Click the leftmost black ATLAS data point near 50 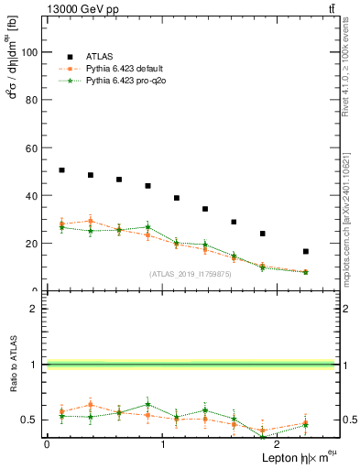[61, 170]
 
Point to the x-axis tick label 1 [163, 443]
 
